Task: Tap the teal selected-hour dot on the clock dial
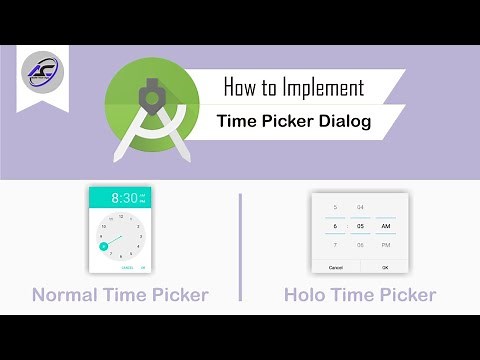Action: coord(103,245)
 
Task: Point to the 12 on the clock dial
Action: coord(120,216)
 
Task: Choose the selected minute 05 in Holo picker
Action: coord(360,226)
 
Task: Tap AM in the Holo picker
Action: coord(385,226)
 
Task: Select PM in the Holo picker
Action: coord(385,245)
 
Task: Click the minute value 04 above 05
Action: coord(360,207)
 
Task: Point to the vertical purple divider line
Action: coord(240,247)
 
